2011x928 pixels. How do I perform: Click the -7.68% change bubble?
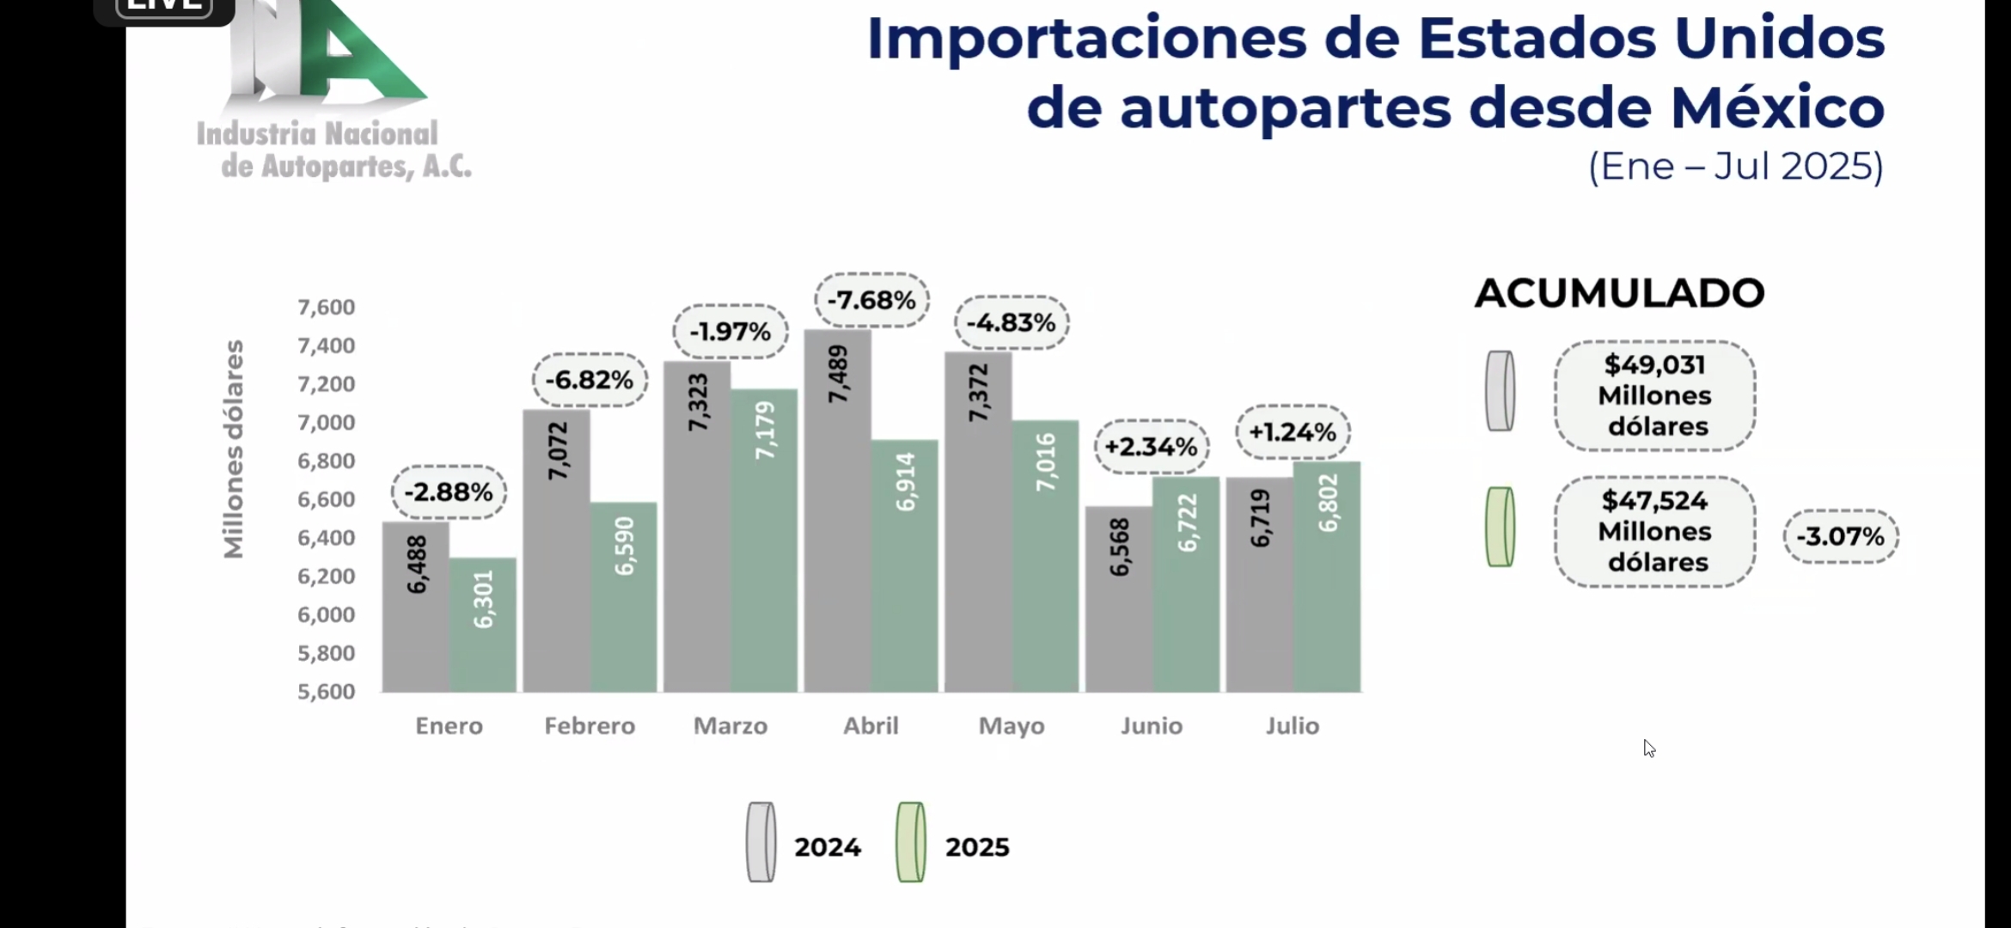click(x=871, y=301)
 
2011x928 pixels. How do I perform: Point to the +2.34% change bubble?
click(x=1151, y=447)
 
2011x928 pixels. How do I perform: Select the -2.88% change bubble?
click(x=449, y=492)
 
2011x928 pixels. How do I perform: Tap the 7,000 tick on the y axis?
click(x=327, y=423)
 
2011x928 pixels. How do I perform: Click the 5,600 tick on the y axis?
click(x=327, y=692)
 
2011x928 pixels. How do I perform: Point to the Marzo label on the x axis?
click(x=730, y=726)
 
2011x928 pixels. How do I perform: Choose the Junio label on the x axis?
click(x=1152, y=726)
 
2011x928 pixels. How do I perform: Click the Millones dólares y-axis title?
click(x=234, y=449)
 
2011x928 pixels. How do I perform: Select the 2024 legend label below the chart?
click(x=828, y=847)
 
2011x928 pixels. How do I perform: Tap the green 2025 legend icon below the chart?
click(x=911, y=842)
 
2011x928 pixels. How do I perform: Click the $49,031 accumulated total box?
click(x=1654, y=396)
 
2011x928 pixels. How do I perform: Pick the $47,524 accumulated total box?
click(x=1654, y=532)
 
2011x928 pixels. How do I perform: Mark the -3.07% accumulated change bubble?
click(x=1840, y=537)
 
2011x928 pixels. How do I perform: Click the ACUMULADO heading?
click(x=1619, y=294)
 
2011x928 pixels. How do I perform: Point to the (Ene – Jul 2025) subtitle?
click(x=1735, y=166)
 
